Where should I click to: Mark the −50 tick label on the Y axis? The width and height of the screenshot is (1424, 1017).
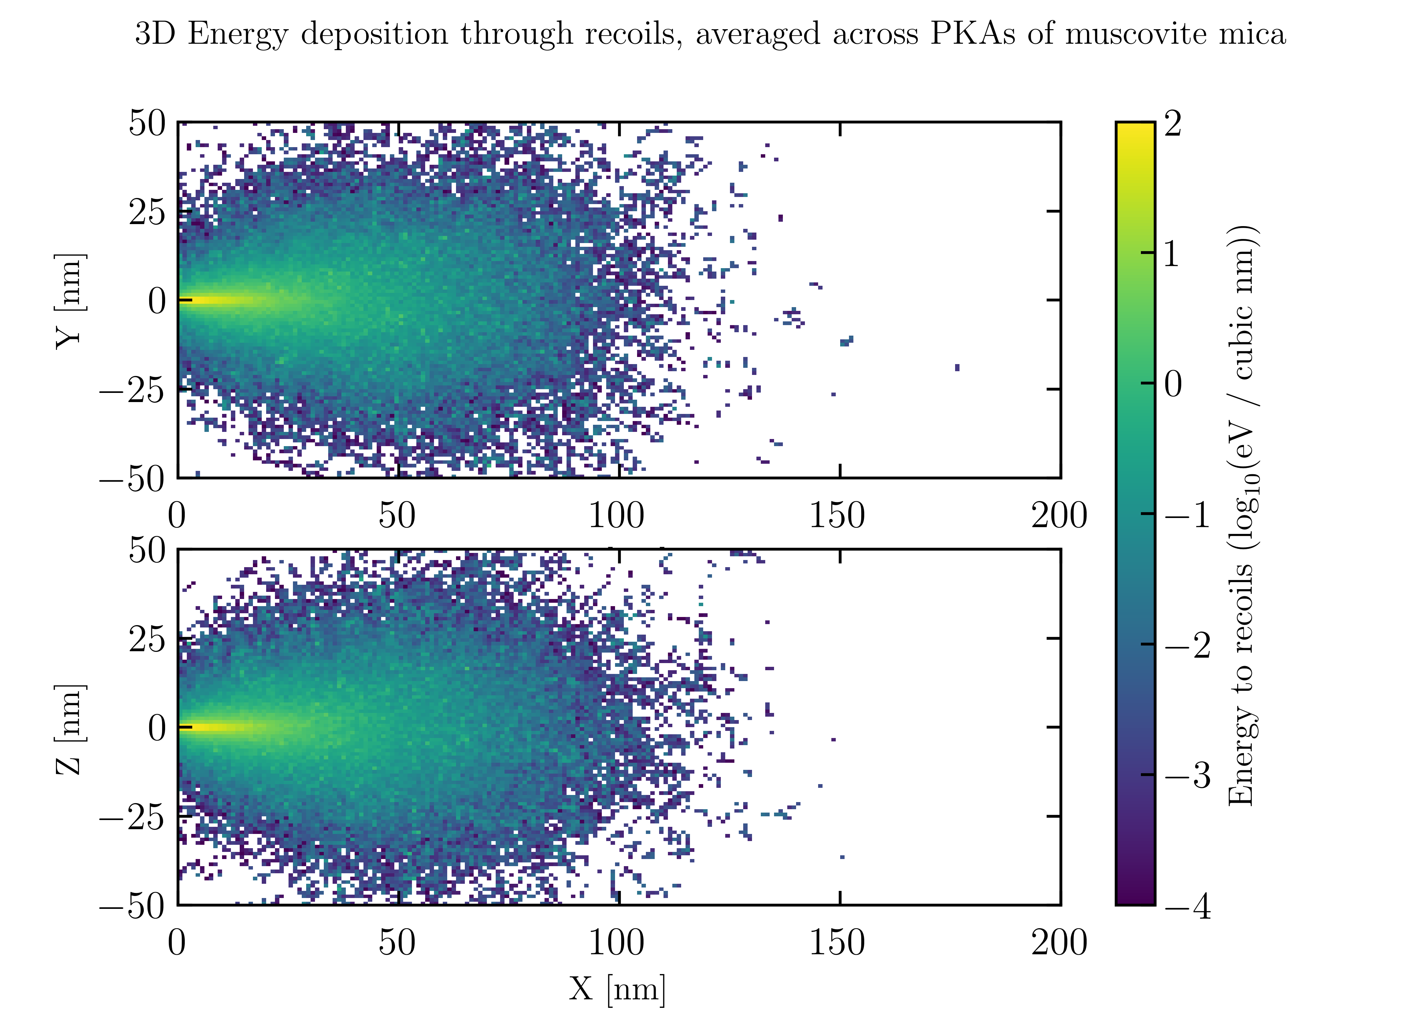click(133, 479)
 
